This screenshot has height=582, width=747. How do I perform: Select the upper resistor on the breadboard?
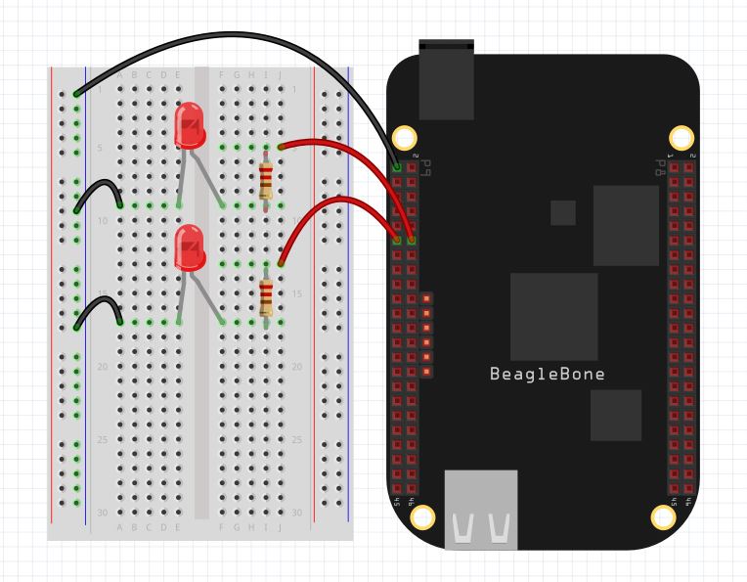266,178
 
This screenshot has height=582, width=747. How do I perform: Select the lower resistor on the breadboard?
266,295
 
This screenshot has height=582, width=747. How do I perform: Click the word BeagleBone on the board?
547,374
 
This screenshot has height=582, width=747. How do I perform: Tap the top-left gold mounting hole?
404,138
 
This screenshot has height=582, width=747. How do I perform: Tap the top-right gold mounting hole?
681,138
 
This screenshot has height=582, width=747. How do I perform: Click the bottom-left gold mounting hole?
422,517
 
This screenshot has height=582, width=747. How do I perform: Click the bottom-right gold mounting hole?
664,517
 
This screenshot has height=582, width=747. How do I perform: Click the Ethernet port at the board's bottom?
481,509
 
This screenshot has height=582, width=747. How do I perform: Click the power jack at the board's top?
446,78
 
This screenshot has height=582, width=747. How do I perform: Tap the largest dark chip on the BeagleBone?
553,316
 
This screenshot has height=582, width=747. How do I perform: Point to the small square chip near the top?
563,212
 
